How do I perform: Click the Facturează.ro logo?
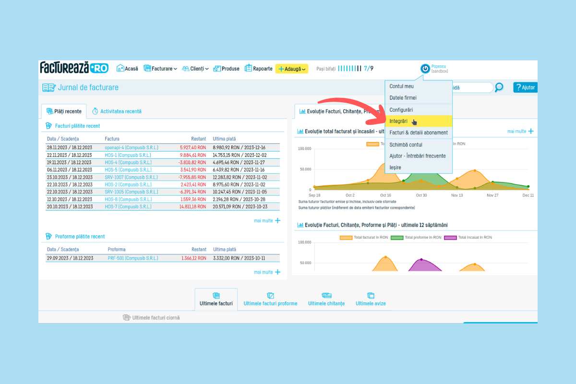coord(74,68)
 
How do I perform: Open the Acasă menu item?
coord(127,69)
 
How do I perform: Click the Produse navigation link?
coord(227,69)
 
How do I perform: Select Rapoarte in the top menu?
coord(259,69)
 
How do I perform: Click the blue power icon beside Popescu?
coord(425,69)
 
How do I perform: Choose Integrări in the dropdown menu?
coord(398,121)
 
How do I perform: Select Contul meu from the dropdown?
coord(401,86)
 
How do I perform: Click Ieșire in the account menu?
coord(395,168)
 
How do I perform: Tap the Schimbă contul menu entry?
coord(406,144)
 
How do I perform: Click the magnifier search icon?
coord(499,87)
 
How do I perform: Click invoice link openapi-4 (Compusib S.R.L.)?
coord(131,148)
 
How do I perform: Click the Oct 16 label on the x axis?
coord(385,195)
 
